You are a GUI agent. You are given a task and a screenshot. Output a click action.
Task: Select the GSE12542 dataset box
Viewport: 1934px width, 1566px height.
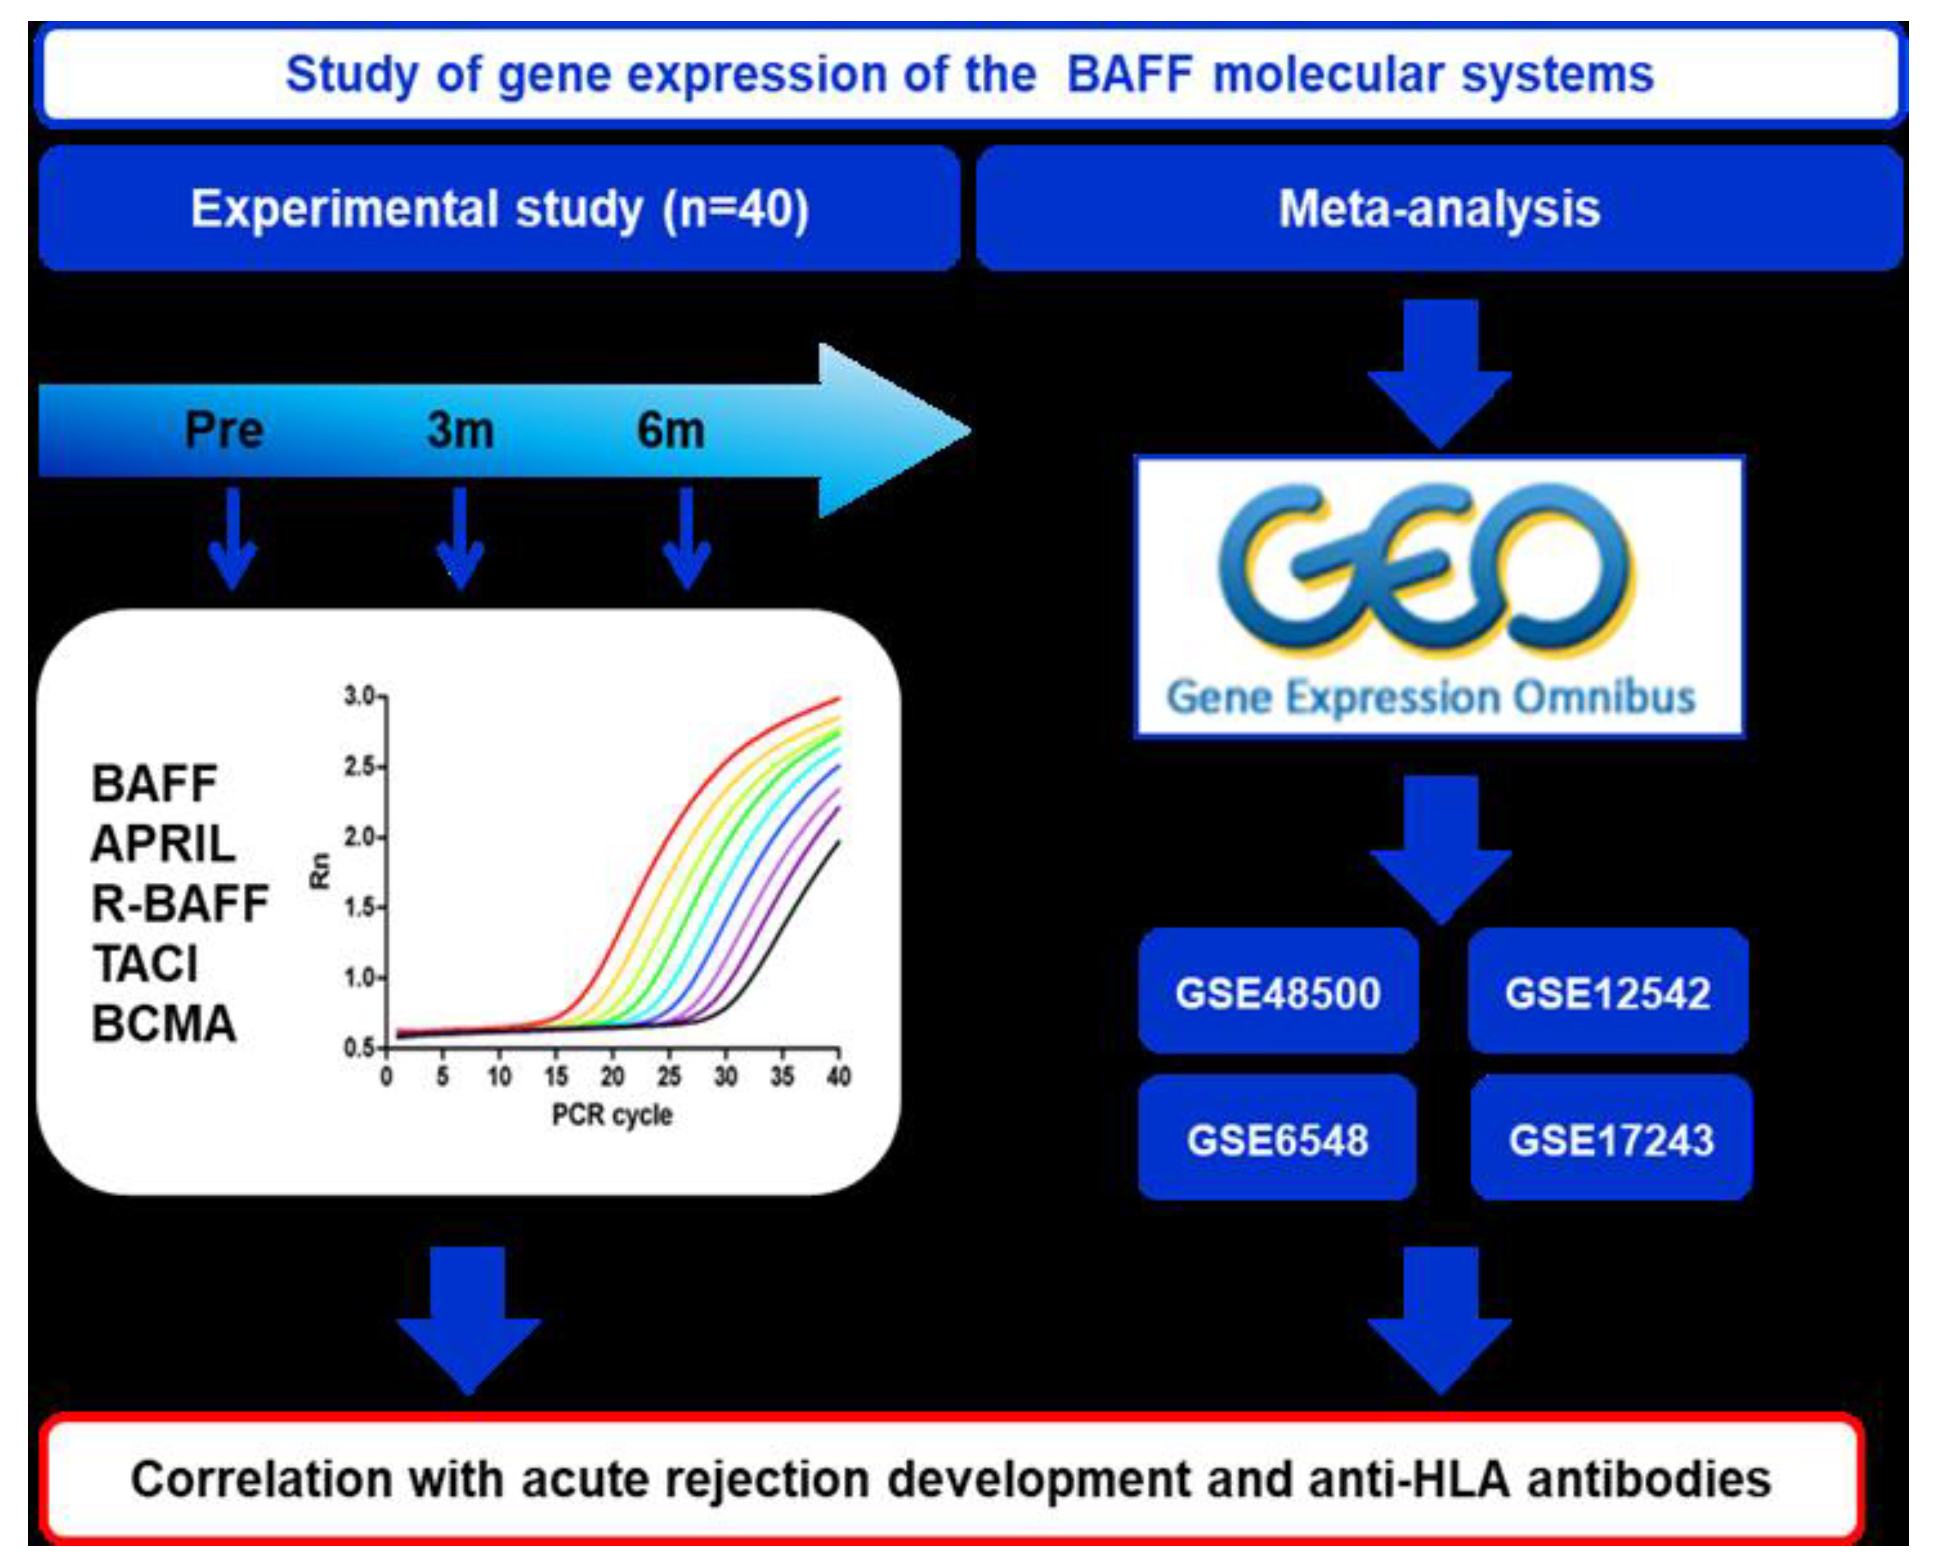[1608, 993]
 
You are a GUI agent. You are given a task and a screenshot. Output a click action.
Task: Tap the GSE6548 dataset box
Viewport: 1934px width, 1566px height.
[1277, 1139]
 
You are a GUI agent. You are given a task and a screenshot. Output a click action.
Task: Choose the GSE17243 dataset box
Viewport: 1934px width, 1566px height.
[1611, 1139]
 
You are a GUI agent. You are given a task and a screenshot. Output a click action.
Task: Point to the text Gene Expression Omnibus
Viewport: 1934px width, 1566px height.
[1431, 697]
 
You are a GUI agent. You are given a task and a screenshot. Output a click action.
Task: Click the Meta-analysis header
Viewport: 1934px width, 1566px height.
[1439, 209]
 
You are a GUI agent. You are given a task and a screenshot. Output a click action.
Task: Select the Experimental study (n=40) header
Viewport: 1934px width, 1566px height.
[499, 209]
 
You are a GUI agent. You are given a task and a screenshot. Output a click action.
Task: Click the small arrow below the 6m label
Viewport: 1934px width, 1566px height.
[687, 539]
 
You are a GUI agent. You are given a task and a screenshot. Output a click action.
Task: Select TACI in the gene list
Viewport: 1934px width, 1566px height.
[145, 964]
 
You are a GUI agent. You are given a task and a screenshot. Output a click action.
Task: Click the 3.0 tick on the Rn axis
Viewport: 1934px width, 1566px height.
[361, 695]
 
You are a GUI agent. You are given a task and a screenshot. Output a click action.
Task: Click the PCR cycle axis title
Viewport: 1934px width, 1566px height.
[612, 1115]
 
